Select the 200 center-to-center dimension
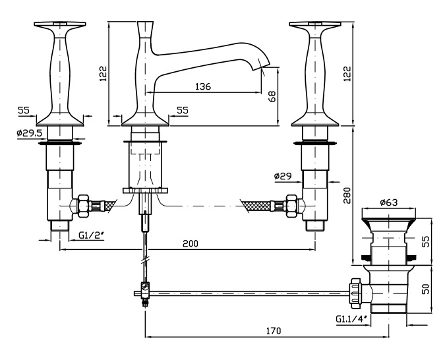(x=190, y=243)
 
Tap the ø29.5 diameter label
(x=29, y=133)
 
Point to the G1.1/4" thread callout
(x=350, y=320)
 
